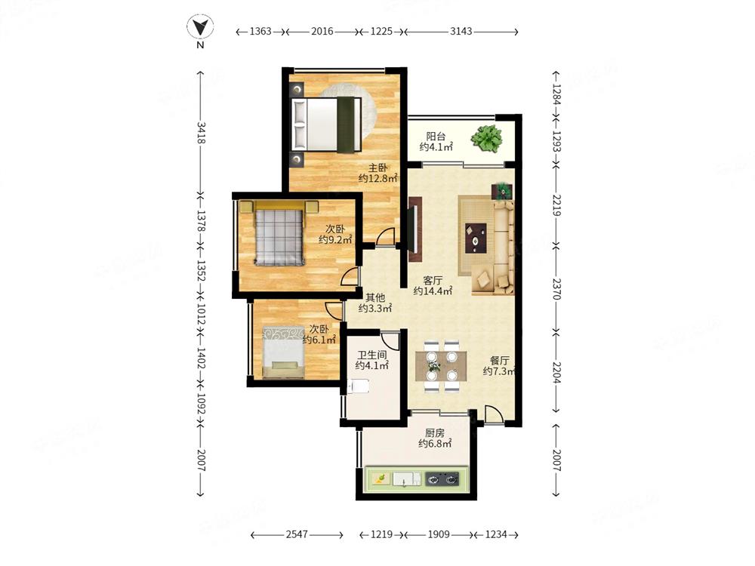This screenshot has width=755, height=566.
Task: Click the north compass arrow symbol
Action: pos(200,27)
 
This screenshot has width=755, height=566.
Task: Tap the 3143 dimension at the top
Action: pos(461,31)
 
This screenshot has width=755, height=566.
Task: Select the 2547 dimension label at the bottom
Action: pos(297,534)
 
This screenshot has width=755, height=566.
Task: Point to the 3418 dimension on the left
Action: pos(201,133)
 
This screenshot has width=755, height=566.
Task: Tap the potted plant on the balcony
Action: pos(487,139)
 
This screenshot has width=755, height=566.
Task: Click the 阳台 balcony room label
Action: pos(436,137)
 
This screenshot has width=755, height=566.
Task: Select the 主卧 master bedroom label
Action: pos(378,168)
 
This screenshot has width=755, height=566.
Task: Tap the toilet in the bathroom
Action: pos(358,386)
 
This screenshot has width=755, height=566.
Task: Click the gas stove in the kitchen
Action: pos(442,479)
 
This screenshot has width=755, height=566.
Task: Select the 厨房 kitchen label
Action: pos(434,433)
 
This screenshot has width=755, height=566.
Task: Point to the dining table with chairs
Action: pos(441,367)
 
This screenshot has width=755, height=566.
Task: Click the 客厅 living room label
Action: pos(433,280)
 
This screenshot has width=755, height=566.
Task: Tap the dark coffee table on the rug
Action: pos(475,238)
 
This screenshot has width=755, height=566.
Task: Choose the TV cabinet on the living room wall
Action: pos(415,229)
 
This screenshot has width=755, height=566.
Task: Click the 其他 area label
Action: pos(375,298)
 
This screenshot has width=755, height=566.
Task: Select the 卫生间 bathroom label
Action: pos(371,355)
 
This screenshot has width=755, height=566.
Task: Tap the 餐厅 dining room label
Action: pos(500,361)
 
